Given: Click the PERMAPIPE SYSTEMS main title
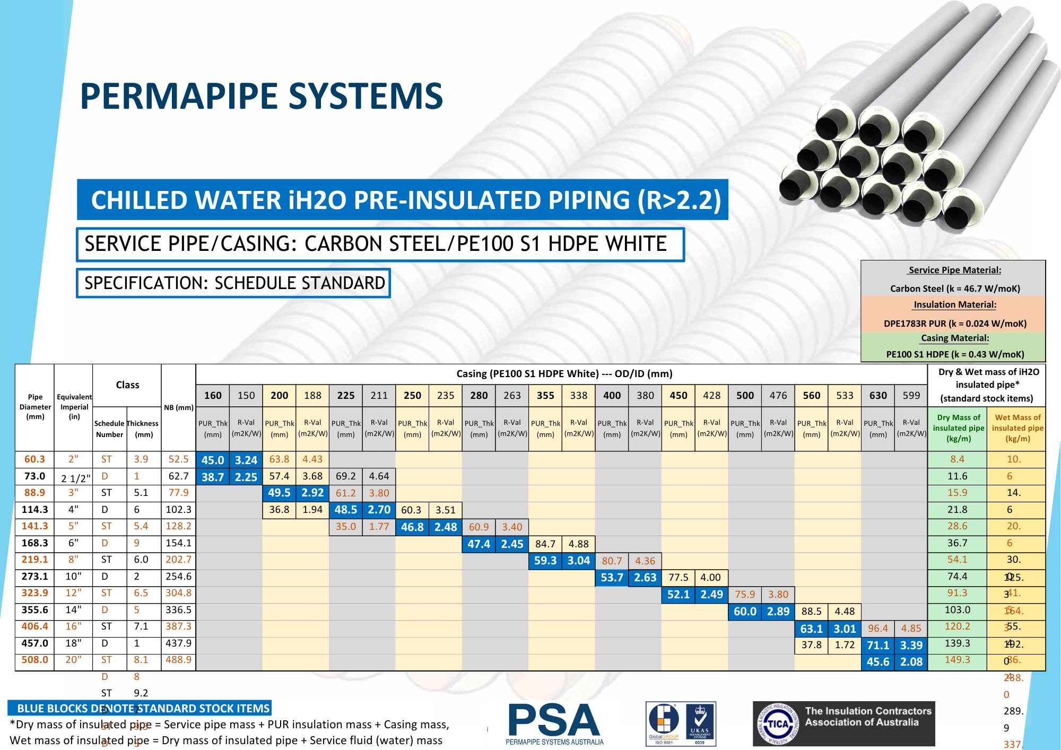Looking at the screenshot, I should (x=261, y=96).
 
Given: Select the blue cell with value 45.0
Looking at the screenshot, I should (x=213, y=460).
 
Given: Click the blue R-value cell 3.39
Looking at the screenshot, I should (x=911, y=645).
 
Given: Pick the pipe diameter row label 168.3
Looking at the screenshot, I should (x=34, y=543).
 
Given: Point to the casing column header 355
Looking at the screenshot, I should (x=545, y=395).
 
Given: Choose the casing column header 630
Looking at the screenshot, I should (x=877, y=395).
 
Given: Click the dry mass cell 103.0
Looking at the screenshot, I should (x=957, y=609).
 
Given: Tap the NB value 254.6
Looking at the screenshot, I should (x=178, y=576).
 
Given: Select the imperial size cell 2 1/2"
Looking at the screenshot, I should (x=75, y=478).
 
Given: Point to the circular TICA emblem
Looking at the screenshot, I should (x=778, y=723).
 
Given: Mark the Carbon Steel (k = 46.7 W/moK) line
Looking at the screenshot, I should (x=954, y=289).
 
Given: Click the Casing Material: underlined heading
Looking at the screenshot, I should (x=954, y=338).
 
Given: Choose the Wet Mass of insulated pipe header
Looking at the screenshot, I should (x=1017, y=428).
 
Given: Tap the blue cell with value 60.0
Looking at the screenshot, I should (x=745, y=611).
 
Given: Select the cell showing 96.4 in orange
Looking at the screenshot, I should (x=877, y=628).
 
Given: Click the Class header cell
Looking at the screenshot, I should (x=127, y=385).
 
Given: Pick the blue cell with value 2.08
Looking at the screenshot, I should (x=911, y=661).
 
